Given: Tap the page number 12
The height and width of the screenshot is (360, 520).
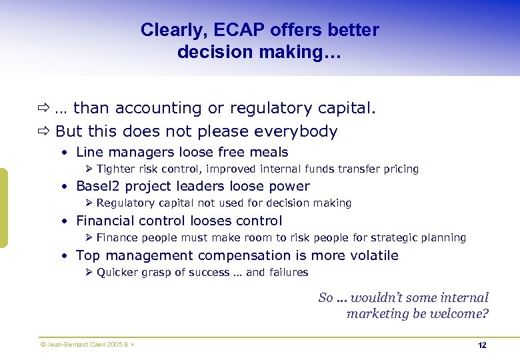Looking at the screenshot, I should click(x=482, y=345).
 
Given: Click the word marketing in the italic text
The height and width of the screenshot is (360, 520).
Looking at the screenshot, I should click(x=377, y=313).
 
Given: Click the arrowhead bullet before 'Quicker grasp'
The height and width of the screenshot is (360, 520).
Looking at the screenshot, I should click(x=90, y=272).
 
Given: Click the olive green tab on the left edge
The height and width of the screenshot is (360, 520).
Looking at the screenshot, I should click(x=3, y=208).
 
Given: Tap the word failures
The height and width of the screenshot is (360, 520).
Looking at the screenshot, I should click(x=288, y=272).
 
